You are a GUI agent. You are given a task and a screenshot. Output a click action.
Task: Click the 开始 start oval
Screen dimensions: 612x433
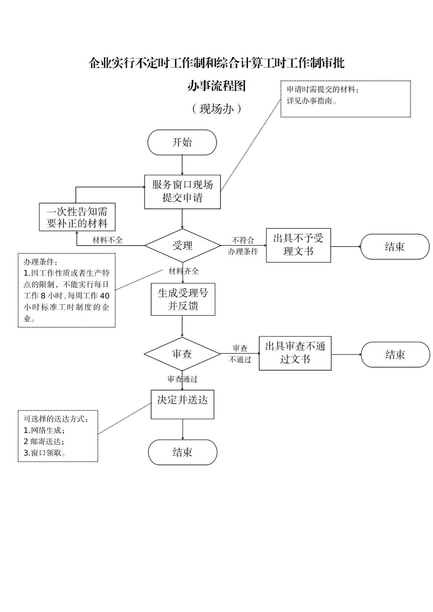(x=182, y=142)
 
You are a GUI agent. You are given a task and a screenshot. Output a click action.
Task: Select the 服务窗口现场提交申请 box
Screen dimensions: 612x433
(x=182, y=192)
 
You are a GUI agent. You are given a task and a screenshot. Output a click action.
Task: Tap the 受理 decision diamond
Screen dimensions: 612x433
(x=182, y=246)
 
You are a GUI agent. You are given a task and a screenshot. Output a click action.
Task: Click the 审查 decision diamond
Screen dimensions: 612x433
(x=182, y=354)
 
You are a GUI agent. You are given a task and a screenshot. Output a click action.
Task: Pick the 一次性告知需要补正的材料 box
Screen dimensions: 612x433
(x=77, y=217)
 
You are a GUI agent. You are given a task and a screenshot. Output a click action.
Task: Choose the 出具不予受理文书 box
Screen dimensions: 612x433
(x=298, y=245)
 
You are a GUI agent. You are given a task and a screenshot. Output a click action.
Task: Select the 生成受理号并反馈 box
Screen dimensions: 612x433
(x=183, y=299)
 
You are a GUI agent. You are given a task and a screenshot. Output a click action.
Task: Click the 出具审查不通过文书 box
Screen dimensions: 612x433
(x=295, y=353)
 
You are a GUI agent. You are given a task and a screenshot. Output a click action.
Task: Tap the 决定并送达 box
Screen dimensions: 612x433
(x=182, y=404)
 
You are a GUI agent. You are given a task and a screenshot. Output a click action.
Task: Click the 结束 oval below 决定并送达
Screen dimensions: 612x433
(x=182, y=452)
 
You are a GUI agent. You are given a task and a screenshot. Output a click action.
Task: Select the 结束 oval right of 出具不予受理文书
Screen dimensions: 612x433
(x=395, y=247)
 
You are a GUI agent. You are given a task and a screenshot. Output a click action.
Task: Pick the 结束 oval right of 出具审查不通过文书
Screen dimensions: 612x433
(x=395, y=355)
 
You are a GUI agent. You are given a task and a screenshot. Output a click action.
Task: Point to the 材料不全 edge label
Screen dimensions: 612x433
(x=108, y=240)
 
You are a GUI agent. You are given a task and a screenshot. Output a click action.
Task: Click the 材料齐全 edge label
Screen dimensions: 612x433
(x=184, y=271)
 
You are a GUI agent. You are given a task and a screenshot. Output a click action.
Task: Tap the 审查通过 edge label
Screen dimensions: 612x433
(x=183, y=379)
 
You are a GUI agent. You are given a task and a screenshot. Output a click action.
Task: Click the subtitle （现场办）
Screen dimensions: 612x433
(x=216, y=109)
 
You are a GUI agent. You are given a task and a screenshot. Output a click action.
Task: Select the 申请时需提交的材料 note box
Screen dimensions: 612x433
(x=345, y=99)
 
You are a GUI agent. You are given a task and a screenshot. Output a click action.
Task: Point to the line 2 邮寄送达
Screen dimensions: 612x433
(x=44, y=441)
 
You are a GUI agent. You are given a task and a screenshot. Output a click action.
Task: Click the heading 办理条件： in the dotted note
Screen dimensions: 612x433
(x=41, y=262)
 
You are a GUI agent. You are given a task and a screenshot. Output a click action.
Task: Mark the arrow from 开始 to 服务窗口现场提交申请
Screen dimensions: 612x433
(x=182, y=165)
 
